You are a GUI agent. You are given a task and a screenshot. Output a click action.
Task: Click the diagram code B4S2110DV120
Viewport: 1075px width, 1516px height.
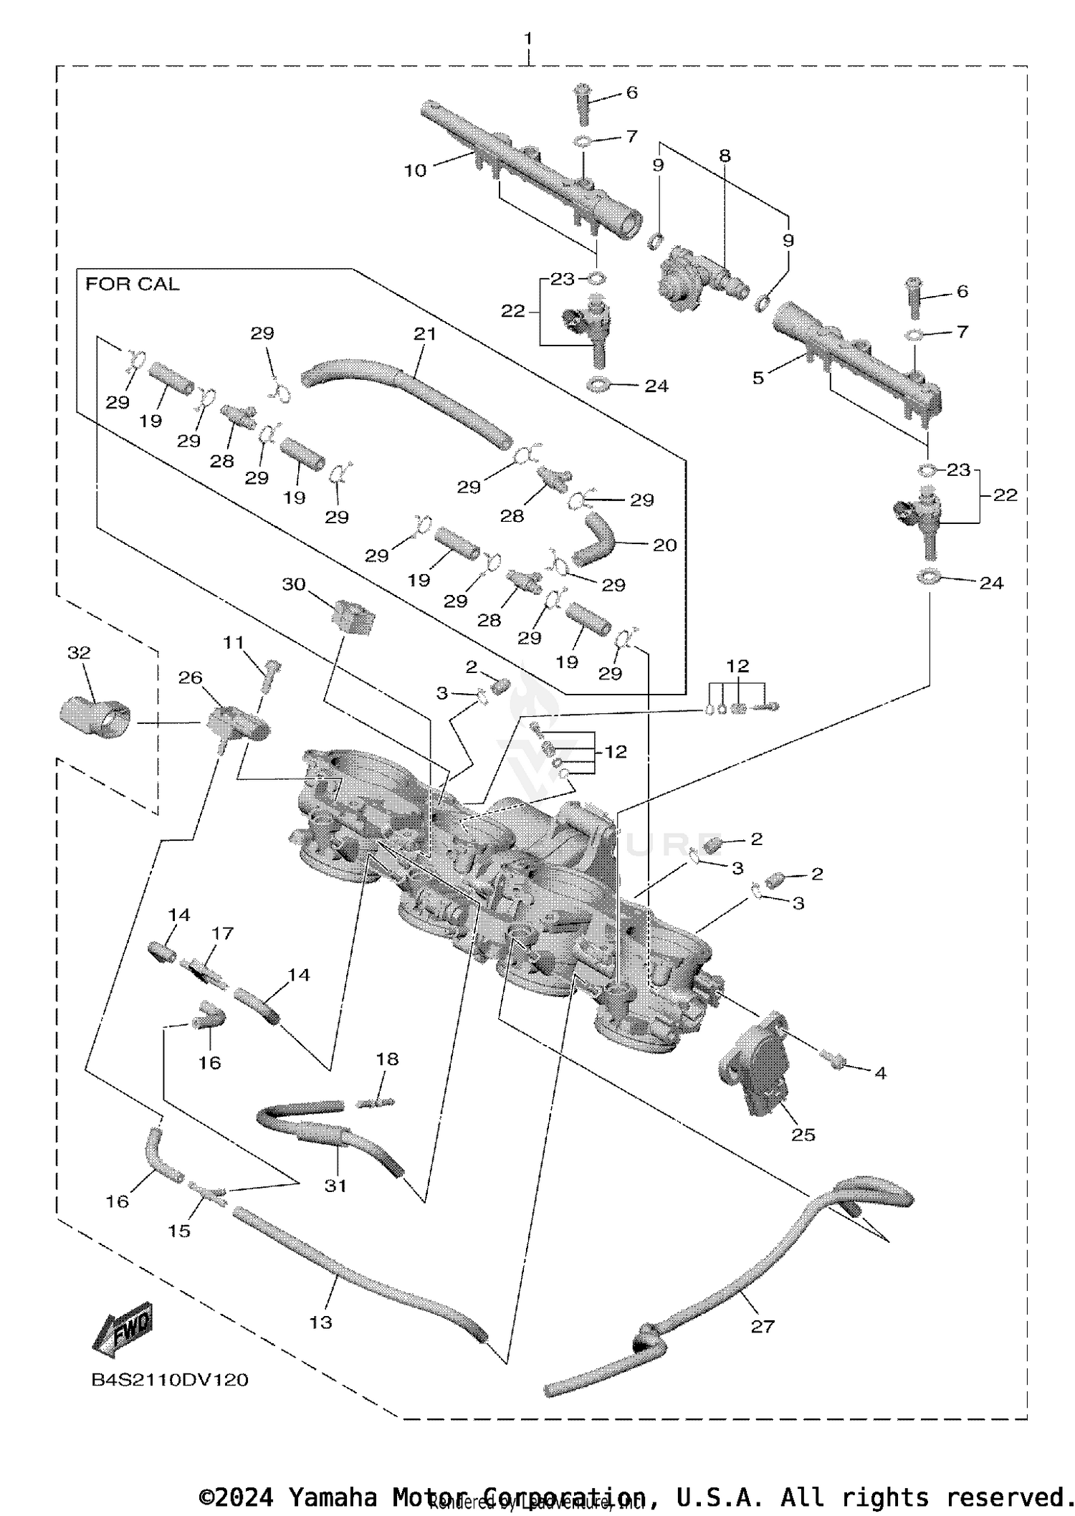170,1379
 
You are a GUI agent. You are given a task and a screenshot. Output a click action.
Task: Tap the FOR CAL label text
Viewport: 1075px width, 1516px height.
133,285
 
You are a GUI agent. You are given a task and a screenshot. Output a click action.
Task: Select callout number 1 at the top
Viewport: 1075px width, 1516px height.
528,37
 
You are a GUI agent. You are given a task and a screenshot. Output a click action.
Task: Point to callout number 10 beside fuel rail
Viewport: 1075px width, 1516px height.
415,171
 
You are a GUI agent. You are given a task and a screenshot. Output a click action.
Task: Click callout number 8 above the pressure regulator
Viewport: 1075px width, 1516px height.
725,156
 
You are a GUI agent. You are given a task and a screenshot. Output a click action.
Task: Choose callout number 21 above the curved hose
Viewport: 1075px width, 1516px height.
424,333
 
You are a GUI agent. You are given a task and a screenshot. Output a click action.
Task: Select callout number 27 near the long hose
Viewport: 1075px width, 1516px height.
763,1326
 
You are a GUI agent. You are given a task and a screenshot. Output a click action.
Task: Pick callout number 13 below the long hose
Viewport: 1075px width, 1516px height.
320,1322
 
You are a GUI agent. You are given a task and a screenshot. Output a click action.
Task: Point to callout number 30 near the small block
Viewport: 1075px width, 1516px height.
294,584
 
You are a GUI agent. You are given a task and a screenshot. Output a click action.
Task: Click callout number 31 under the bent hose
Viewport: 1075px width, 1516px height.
335,1186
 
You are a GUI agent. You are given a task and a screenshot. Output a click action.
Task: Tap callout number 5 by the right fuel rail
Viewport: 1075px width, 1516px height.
758,378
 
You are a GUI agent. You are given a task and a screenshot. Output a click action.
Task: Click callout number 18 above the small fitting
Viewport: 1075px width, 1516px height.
387,1059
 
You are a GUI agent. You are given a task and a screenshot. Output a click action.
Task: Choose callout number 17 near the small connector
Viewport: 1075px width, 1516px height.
222,933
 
